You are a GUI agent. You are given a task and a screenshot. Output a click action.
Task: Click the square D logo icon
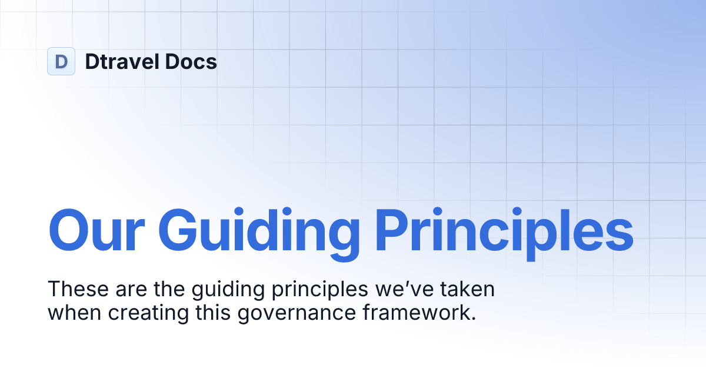pos(61,61)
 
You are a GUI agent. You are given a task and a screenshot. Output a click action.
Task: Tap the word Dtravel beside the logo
pos(119,61)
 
